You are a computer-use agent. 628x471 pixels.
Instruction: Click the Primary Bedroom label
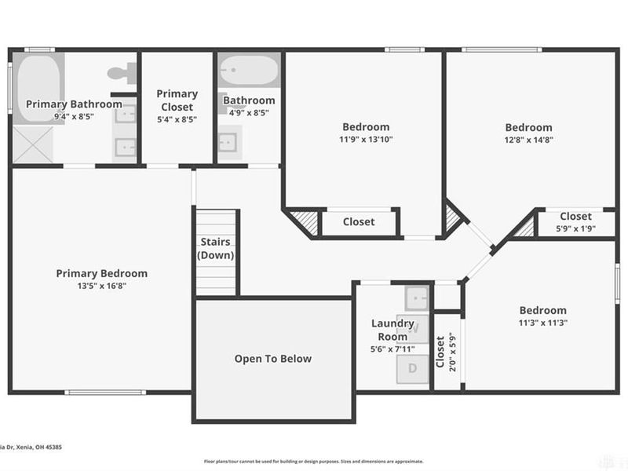coord(101,273)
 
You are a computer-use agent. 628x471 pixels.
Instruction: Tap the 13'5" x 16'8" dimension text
coord(101,286)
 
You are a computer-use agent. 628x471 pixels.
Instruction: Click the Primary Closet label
coord(177,100)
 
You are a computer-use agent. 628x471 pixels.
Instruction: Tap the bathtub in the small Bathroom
coord(248,73)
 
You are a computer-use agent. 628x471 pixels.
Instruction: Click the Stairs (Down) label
coord(215,249)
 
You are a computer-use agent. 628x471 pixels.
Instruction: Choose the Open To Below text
coord(272,359)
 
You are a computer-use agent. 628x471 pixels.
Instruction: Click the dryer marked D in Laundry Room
coord(412,368)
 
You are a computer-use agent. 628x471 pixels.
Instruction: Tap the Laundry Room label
coord(392,330)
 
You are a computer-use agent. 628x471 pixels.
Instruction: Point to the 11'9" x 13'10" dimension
coord(365,139)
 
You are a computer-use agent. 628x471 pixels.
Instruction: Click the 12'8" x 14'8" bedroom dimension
coord(528,140)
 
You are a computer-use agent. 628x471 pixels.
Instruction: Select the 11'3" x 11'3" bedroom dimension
coord(542,323)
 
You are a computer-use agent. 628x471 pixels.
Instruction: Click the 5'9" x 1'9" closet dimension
coord(575,228)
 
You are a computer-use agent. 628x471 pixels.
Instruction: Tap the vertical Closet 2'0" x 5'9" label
coord(445,352)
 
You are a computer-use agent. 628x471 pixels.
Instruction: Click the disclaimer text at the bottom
coord(314,462)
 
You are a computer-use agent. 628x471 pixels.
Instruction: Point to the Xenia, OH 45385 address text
coord(31,447)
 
